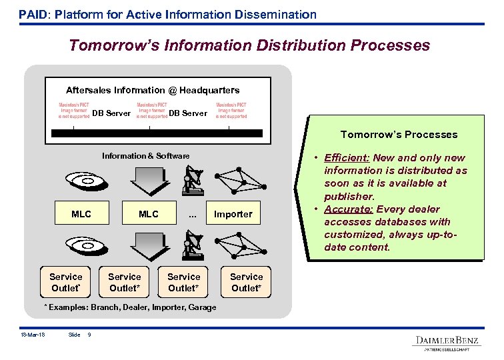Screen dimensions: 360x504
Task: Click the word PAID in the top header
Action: coord(31,14)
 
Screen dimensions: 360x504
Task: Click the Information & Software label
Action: coord(145,156)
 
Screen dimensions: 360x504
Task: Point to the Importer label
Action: coord(233,214)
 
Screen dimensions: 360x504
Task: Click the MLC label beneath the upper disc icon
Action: coord(81,214)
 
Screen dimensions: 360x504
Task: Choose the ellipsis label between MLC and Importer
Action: coord(193,213)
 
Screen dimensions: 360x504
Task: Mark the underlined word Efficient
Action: coord(347,158)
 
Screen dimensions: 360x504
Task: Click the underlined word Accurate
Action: coord(349,209)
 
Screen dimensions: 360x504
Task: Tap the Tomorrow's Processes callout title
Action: coord(399,135)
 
